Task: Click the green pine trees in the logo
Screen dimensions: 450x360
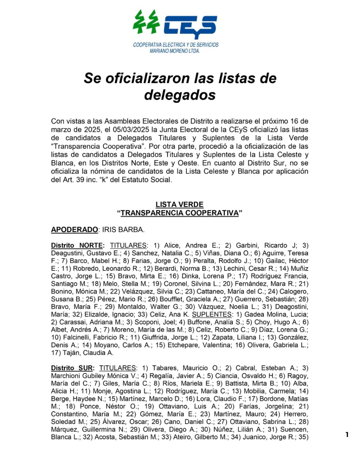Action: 146,21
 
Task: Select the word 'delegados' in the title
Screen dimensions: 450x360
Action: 180,95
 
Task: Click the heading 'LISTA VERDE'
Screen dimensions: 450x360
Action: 180,205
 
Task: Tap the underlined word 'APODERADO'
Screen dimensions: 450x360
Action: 75,230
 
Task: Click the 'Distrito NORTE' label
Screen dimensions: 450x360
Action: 77,245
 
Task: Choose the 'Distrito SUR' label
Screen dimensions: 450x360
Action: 72,368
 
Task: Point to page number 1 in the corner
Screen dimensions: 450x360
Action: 347,435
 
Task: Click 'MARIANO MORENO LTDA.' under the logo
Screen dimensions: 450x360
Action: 175,51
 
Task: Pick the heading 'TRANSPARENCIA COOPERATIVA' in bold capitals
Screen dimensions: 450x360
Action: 180,213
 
